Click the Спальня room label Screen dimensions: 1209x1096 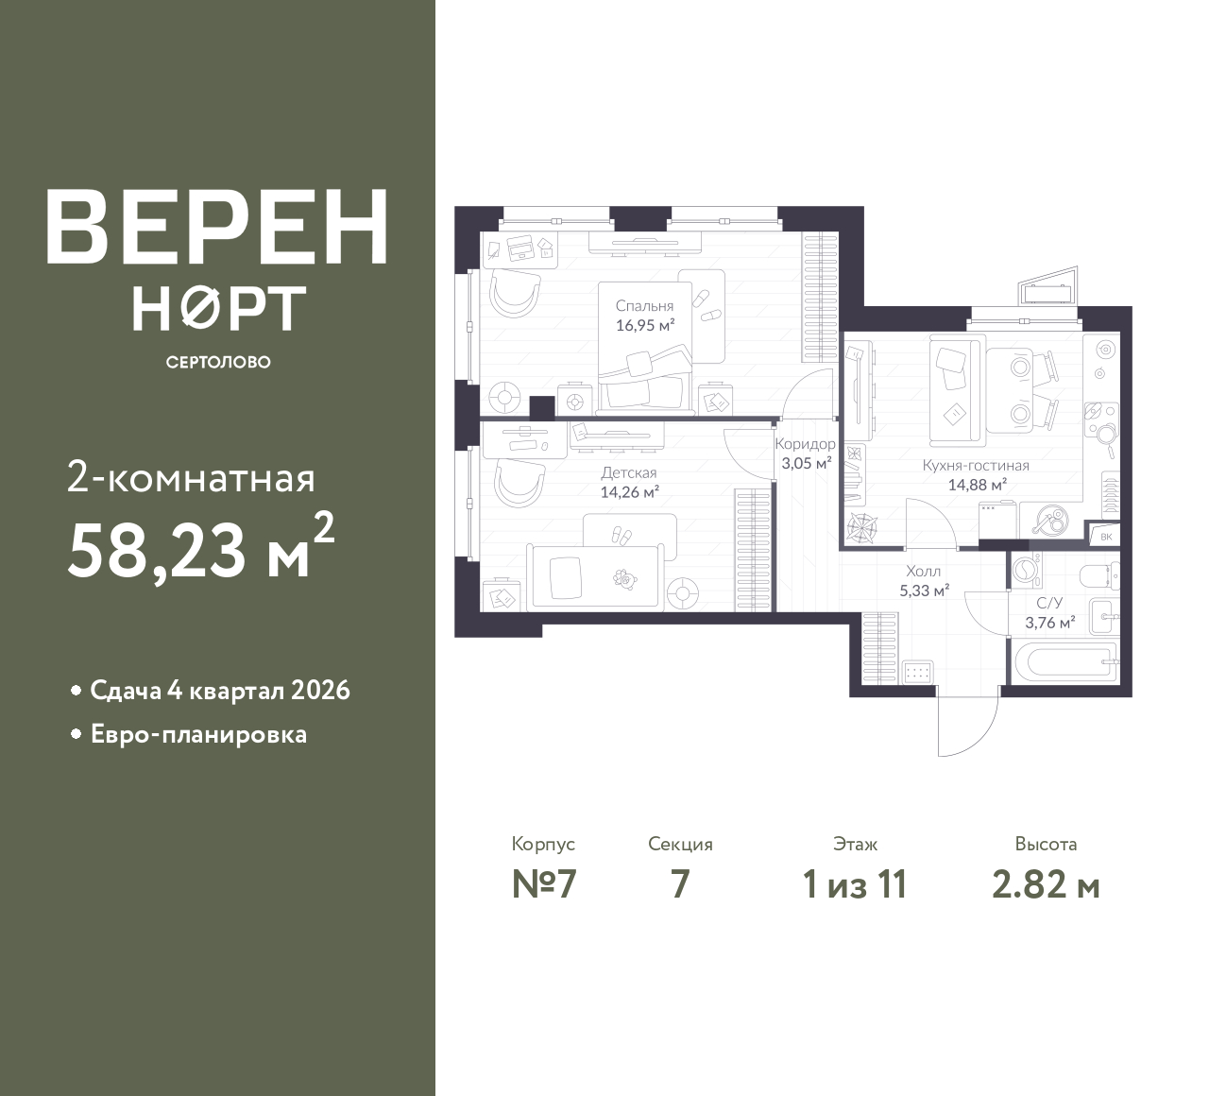click(x=644, y=306)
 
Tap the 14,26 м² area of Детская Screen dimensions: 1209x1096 click(x=629, y=492)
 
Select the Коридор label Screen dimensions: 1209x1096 click(x=805, y=444)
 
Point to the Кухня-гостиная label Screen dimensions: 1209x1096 click(x=976, y=466)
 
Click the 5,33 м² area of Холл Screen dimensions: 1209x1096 click(x=925, y=591)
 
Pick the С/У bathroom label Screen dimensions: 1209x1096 click(x=1050, y=602)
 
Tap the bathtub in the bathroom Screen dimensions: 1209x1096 click(x=1065, y=662)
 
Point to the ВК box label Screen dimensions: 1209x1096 click(x=1106, y=537)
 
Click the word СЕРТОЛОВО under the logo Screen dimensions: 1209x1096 click(x=218, y=362)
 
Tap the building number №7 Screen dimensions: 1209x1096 click(x=544, y=885)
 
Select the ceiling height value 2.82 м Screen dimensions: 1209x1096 click(x=1046, y=885)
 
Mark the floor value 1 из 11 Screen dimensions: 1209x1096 click(x=855, y=885)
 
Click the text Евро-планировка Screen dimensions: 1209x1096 click(x=199, y=735)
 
